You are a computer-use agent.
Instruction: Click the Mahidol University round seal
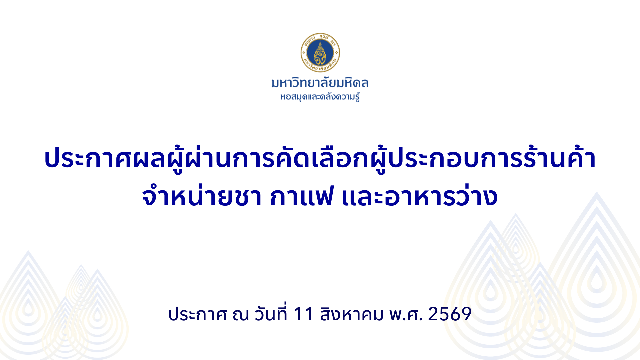click(x=320, y=53)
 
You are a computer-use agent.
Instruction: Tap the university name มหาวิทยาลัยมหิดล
click(x=320, y=83)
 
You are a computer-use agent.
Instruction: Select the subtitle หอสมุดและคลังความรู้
click(x=320, y=97)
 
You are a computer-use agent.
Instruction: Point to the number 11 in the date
click(x=303, y=314)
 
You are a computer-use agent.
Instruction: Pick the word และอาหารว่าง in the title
click(x=420, y=196)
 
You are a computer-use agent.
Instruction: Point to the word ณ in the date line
click(x=241, y=315)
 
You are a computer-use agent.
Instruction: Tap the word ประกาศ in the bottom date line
click(x=198, y=314)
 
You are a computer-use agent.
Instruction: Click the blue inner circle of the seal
click(x=320, y=53)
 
